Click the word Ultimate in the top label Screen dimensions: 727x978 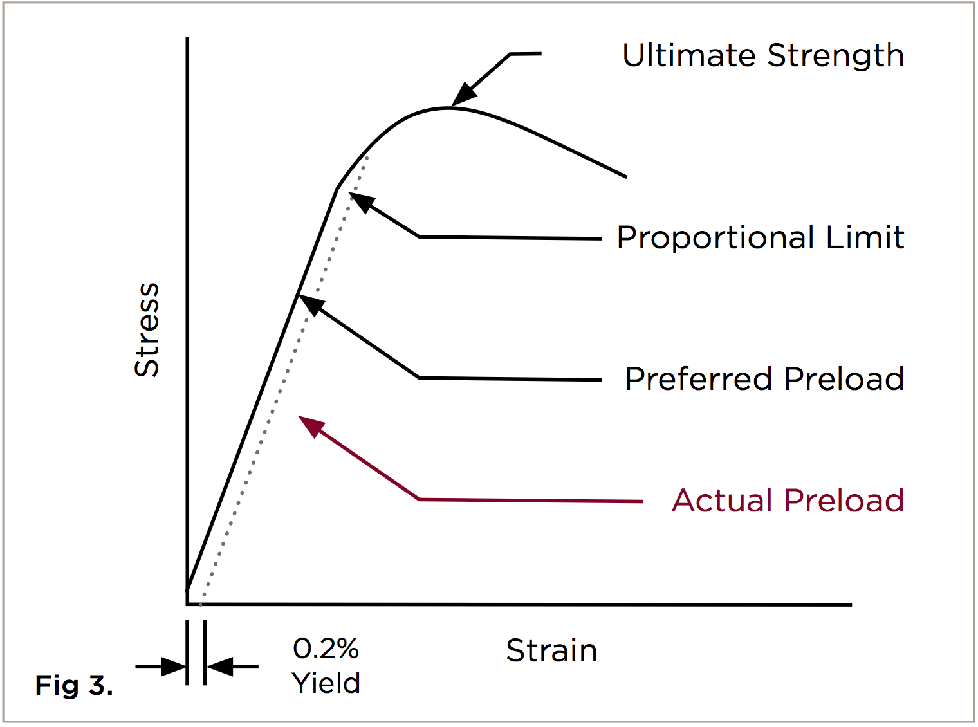coord(688,55)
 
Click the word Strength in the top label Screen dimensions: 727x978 coord(836,57)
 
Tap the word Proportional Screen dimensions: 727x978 coord(715,238)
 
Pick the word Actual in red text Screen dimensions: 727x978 coord(722,501)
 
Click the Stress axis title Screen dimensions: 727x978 coord(147,329)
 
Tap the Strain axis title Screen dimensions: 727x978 coord(551,650)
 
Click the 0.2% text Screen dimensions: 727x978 coord(326,649)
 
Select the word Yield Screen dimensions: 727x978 coord(326,683)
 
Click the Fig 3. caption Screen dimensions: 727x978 coord(74,686)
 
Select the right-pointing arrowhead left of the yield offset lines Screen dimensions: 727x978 coord(174,667)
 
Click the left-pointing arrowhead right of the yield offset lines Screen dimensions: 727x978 coord(219,667)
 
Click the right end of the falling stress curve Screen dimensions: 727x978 coord(625,177)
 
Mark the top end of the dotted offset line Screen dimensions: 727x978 coord(367,156)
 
